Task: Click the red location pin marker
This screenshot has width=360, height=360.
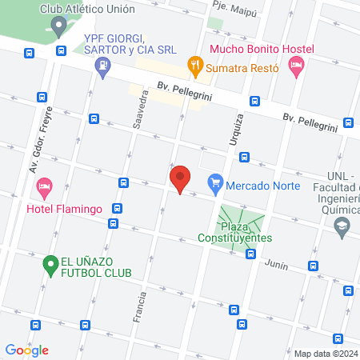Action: pos(180,179)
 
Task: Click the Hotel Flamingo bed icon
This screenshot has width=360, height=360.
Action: pos(45,190)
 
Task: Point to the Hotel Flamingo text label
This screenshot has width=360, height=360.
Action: pos(64,210)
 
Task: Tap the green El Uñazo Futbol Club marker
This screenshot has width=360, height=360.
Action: pos(50,262)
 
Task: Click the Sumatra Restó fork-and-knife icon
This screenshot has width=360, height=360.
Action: pos(194,64)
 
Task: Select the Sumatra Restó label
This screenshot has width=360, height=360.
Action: pos(242,69)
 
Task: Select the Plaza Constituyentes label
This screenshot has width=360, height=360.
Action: pos(236,232)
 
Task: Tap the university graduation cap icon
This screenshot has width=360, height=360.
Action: pos(342,230)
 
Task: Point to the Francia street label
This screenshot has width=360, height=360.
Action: pos(142,305)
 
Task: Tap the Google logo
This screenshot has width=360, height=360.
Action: pos(27,350)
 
